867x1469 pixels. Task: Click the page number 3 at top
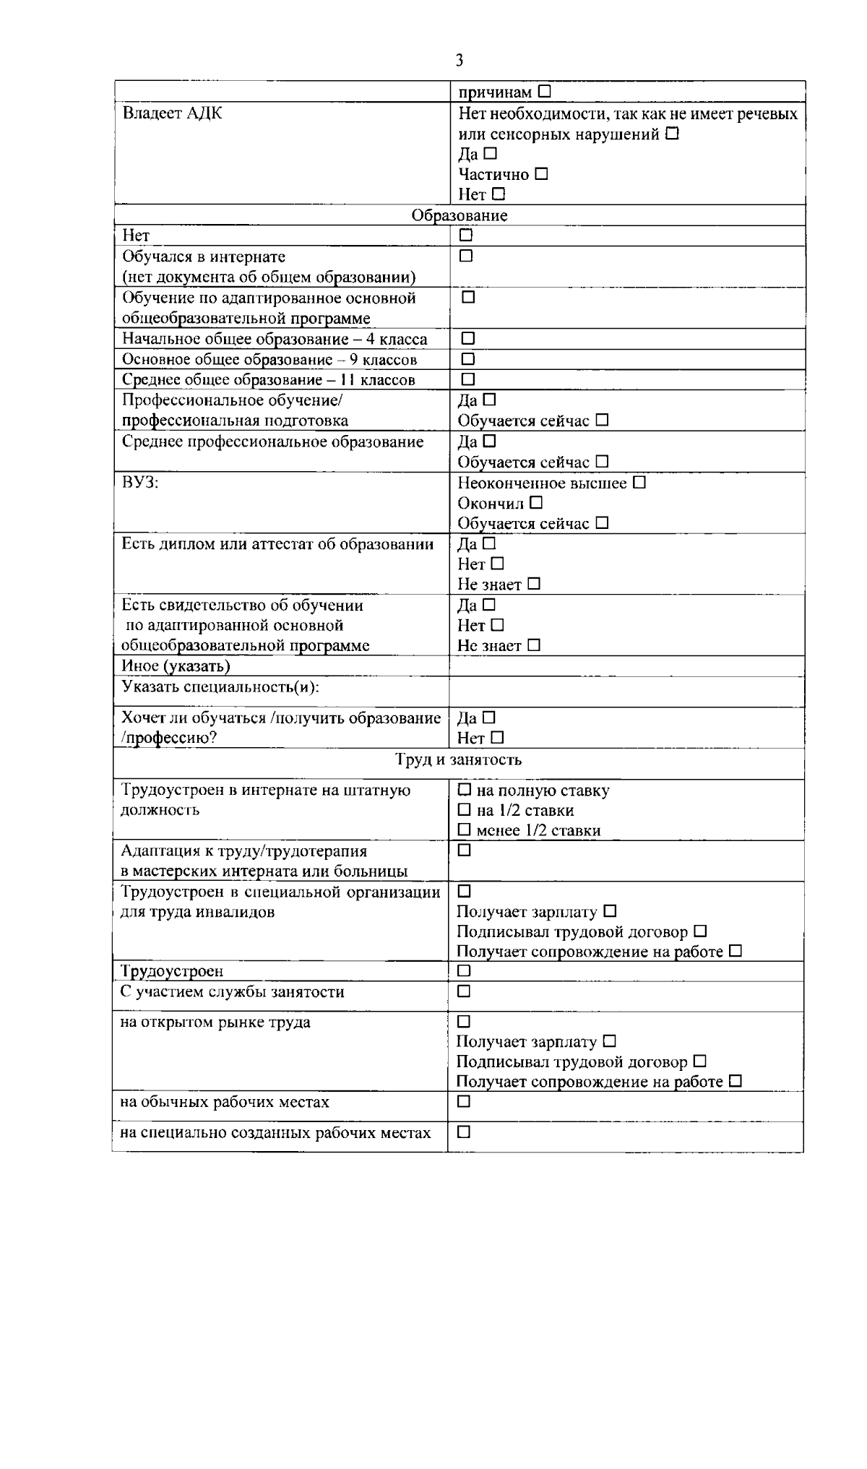coord(460,60)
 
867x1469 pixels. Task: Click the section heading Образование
coord(460,215)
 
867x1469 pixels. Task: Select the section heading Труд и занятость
coord(458,759)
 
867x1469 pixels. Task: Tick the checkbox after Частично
coord(541,174)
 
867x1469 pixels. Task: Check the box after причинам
coord(544,92)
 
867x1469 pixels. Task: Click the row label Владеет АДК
coord(172,113)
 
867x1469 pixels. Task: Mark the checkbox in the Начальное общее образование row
coord(468,338)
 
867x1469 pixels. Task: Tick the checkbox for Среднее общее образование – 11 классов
coord(468,379)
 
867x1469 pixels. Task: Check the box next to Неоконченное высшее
coord(639,482)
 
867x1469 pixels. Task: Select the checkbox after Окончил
coord(535,502)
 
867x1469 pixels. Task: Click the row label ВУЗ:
coord(140,483)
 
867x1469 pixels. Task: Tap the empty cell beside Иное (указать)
coord(626,665)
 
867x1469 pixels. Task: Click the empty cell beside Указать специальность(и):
coord(626,692)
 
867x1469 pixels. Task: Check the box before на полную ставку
coord(465,790)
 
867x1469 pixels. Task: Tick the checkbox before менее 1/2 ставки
coord(465,830)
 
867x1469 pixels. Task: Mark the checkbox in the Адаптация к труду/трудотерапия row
coord(465,850)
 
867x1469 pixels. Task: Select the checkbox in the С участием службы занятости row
coord(465,991)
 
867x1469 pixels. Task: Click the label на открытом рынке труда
coord(215,1022)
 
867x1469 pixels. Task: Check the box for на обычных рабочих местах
coord(464,1101)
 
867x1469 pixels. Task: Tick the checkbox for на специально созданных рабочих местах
coord(464,1132)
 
